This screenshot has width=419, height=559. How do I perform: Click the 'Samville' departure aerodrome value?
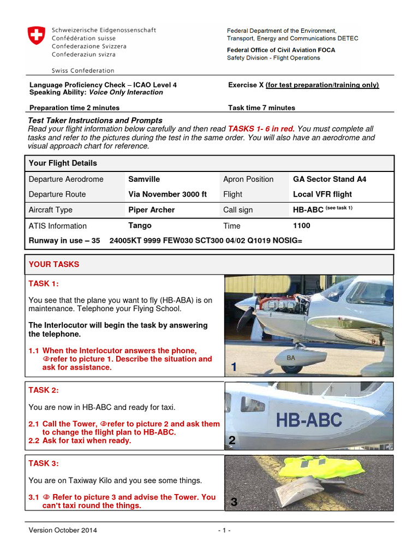point(144,179)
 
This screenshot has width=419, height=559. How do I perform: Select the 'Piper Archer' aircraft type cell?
point(151,210)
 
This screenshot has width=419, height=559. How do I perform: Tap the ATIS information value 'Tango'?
point(140,225)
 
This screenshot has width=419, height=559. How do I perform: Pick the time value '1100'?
point(302,225)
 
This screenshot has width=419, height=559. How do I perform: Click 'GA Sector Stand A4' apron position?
point(330,179)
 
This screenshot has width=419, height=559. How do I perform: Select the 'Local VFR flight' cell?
point(322,194)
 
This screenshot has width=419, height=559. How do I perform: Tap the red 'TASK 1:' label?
point(44,284)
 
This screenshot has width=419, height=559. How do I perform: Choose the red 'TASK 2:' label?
point(44,390)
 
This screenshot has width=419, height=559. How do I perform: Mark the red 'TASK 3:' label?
point(44,463)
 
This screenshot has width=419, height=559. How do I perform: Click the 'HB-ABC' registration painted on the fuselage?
point(309,420)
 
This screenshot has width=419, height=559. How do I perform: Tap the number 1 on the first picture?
point(234,368)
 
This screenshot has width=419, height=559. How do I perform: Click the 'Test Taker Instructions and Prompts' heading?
point(95,120)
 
